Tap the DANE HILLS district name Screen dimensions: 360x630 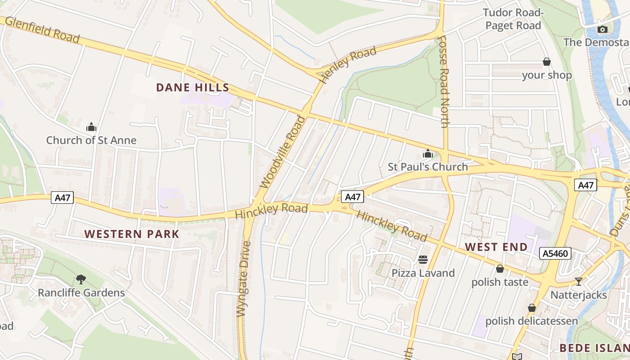point(193,88)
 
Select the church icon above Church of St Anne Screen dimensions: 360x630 point(91,127)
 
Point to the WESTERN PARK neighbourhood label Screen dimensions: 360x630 point(132,234)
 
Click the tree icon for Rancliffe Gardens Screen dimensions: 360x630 point(81,279)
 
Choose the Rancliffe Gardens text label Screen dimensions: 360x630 point(81,293)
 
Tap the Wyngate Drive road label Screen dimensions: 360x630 point(243,279)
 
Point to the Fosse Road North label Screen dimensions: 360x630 point(444,81)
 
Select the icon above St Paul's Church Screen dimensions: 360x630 point(428,154)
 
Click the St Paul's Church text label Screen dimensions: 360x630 point(428,167)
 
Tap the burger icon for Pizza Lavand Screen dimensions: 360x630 point(423,260)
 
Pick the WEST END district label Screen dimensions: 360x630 point(496,247)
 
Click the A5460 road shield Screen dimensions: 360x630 point(555,254)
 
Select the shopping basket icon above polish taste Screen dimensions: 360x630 point(499,269)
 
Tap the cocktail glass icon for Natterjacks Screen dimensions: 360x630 point(579,282)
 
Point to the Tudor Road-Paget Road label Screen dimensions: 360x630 point(513,19)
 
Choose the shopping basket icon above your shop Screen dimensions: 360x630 point(547,62)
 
